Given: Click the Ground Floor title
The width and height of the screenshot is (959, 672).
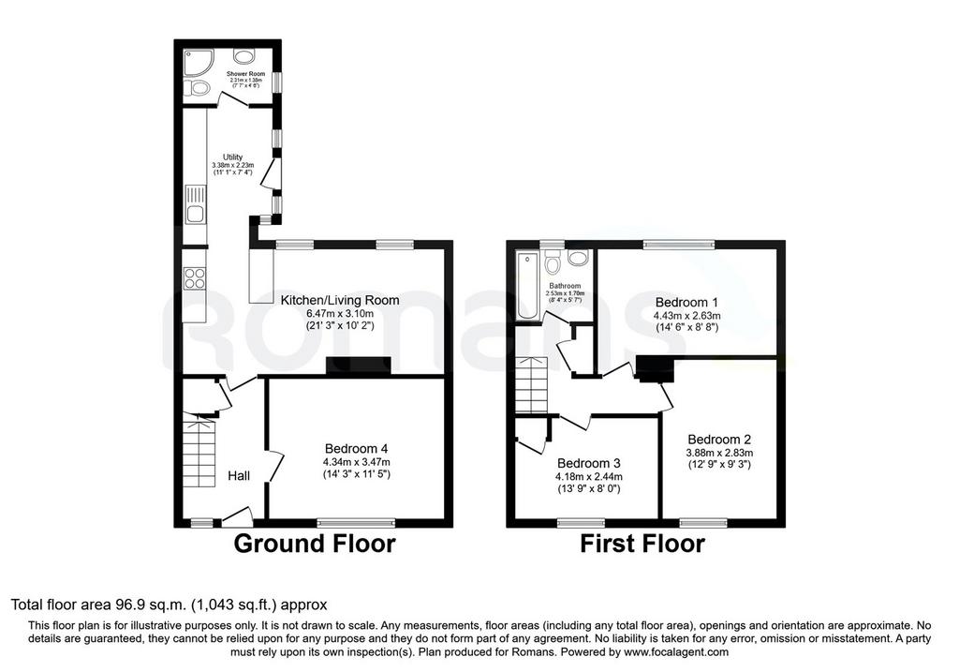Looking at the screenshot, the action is click(x=315, y=544).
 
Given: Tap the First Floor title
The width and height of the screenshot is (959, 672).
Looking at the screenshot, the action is click(x=642, y=544).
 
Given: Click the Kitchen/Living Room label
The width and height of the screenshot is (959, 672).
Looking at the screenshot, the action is click(x=340, y=300).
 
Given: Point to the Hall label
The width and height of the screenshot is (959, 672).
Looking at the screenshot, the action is click(x=239, y=475).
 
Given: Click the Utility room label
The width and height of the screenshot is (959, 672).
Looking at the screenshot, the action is click(x=232, y=157).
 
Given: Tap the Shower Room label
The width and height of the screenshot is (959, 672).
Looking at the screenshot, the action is click(x=246, y=74).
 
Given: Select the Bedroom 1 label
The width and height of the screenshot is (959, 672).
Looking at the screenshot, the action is click(x=686, y=303).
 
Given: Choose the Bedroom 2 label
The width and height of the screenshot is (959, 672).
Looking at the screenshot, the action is click(x=719, y=440).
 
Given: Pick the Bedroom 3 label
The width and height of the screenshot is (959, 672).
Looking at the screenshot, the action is click(x=588, y=463).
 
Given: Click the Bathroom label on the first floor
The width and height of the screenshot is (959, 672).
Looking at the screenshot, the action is click(x=565, y=286).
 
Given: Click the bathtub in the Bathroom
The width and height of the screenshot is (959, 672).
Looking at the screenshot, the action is click(x=528, y=285).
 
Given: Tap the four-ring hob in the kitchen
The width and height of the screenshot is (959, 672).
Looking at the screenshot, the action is click(x=195, y=278).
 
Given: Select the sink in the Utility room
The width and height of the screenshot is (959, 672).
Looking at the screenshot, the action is click(x=195, y=205).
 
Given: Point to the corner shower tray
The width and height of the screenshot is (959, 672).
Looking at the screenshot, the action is click(x=199, y=63).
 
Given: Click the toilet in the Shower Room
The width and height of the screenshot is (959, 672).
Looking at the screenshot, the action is click(x=197, y=88).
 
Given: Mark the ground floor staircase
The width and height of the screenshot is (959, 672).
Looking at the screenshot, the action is click(x=199, y=451).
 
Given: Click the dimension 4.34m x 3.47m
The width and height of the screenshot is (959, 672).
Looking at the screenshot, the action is click(x=356, y=462).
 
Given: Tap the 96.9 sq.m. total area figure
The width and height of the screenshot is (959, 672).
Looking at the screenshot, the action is click(x=151, y=605).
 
